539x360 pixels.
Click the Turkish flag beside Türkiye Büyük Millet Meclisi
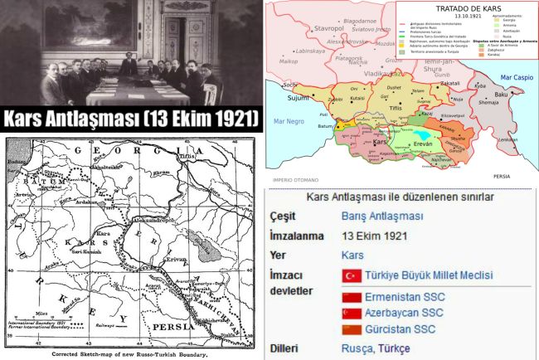(x=351, y=275)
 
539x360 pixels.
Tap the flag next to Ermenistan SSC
(x=351, y=297)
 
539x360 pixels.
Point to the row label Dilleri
(x=288, y=348)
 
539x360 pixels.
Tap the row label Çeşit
(x=285, y=216)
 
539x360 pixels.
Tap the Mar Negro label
(x=288, y=123)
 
